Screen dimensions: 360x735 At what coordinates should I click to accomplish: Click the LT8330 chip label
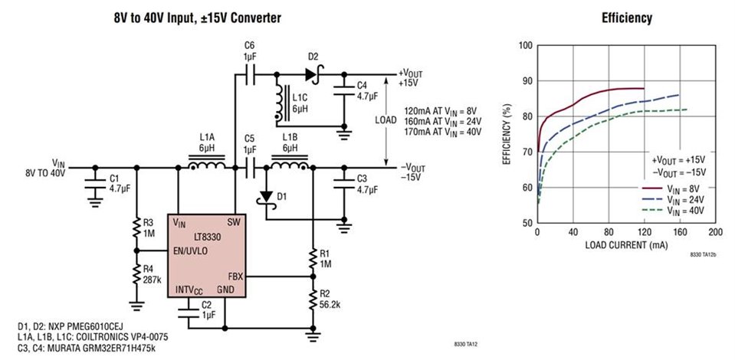pos(207,238)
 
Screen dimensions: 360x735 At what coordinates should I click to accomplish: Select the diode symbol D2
pos(310,74)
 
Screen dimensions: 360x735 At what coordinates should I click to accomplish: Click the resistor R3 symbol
pos(136,227)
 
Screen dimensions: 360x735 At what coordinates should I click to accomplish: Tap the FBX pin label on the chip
pos(235,276)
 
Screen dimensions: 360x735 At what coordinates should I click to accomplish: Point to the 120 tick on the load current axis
pos(644,232)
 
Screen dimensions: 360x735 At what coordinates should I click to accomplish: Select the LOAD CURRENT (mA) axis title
pos(625,246)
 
